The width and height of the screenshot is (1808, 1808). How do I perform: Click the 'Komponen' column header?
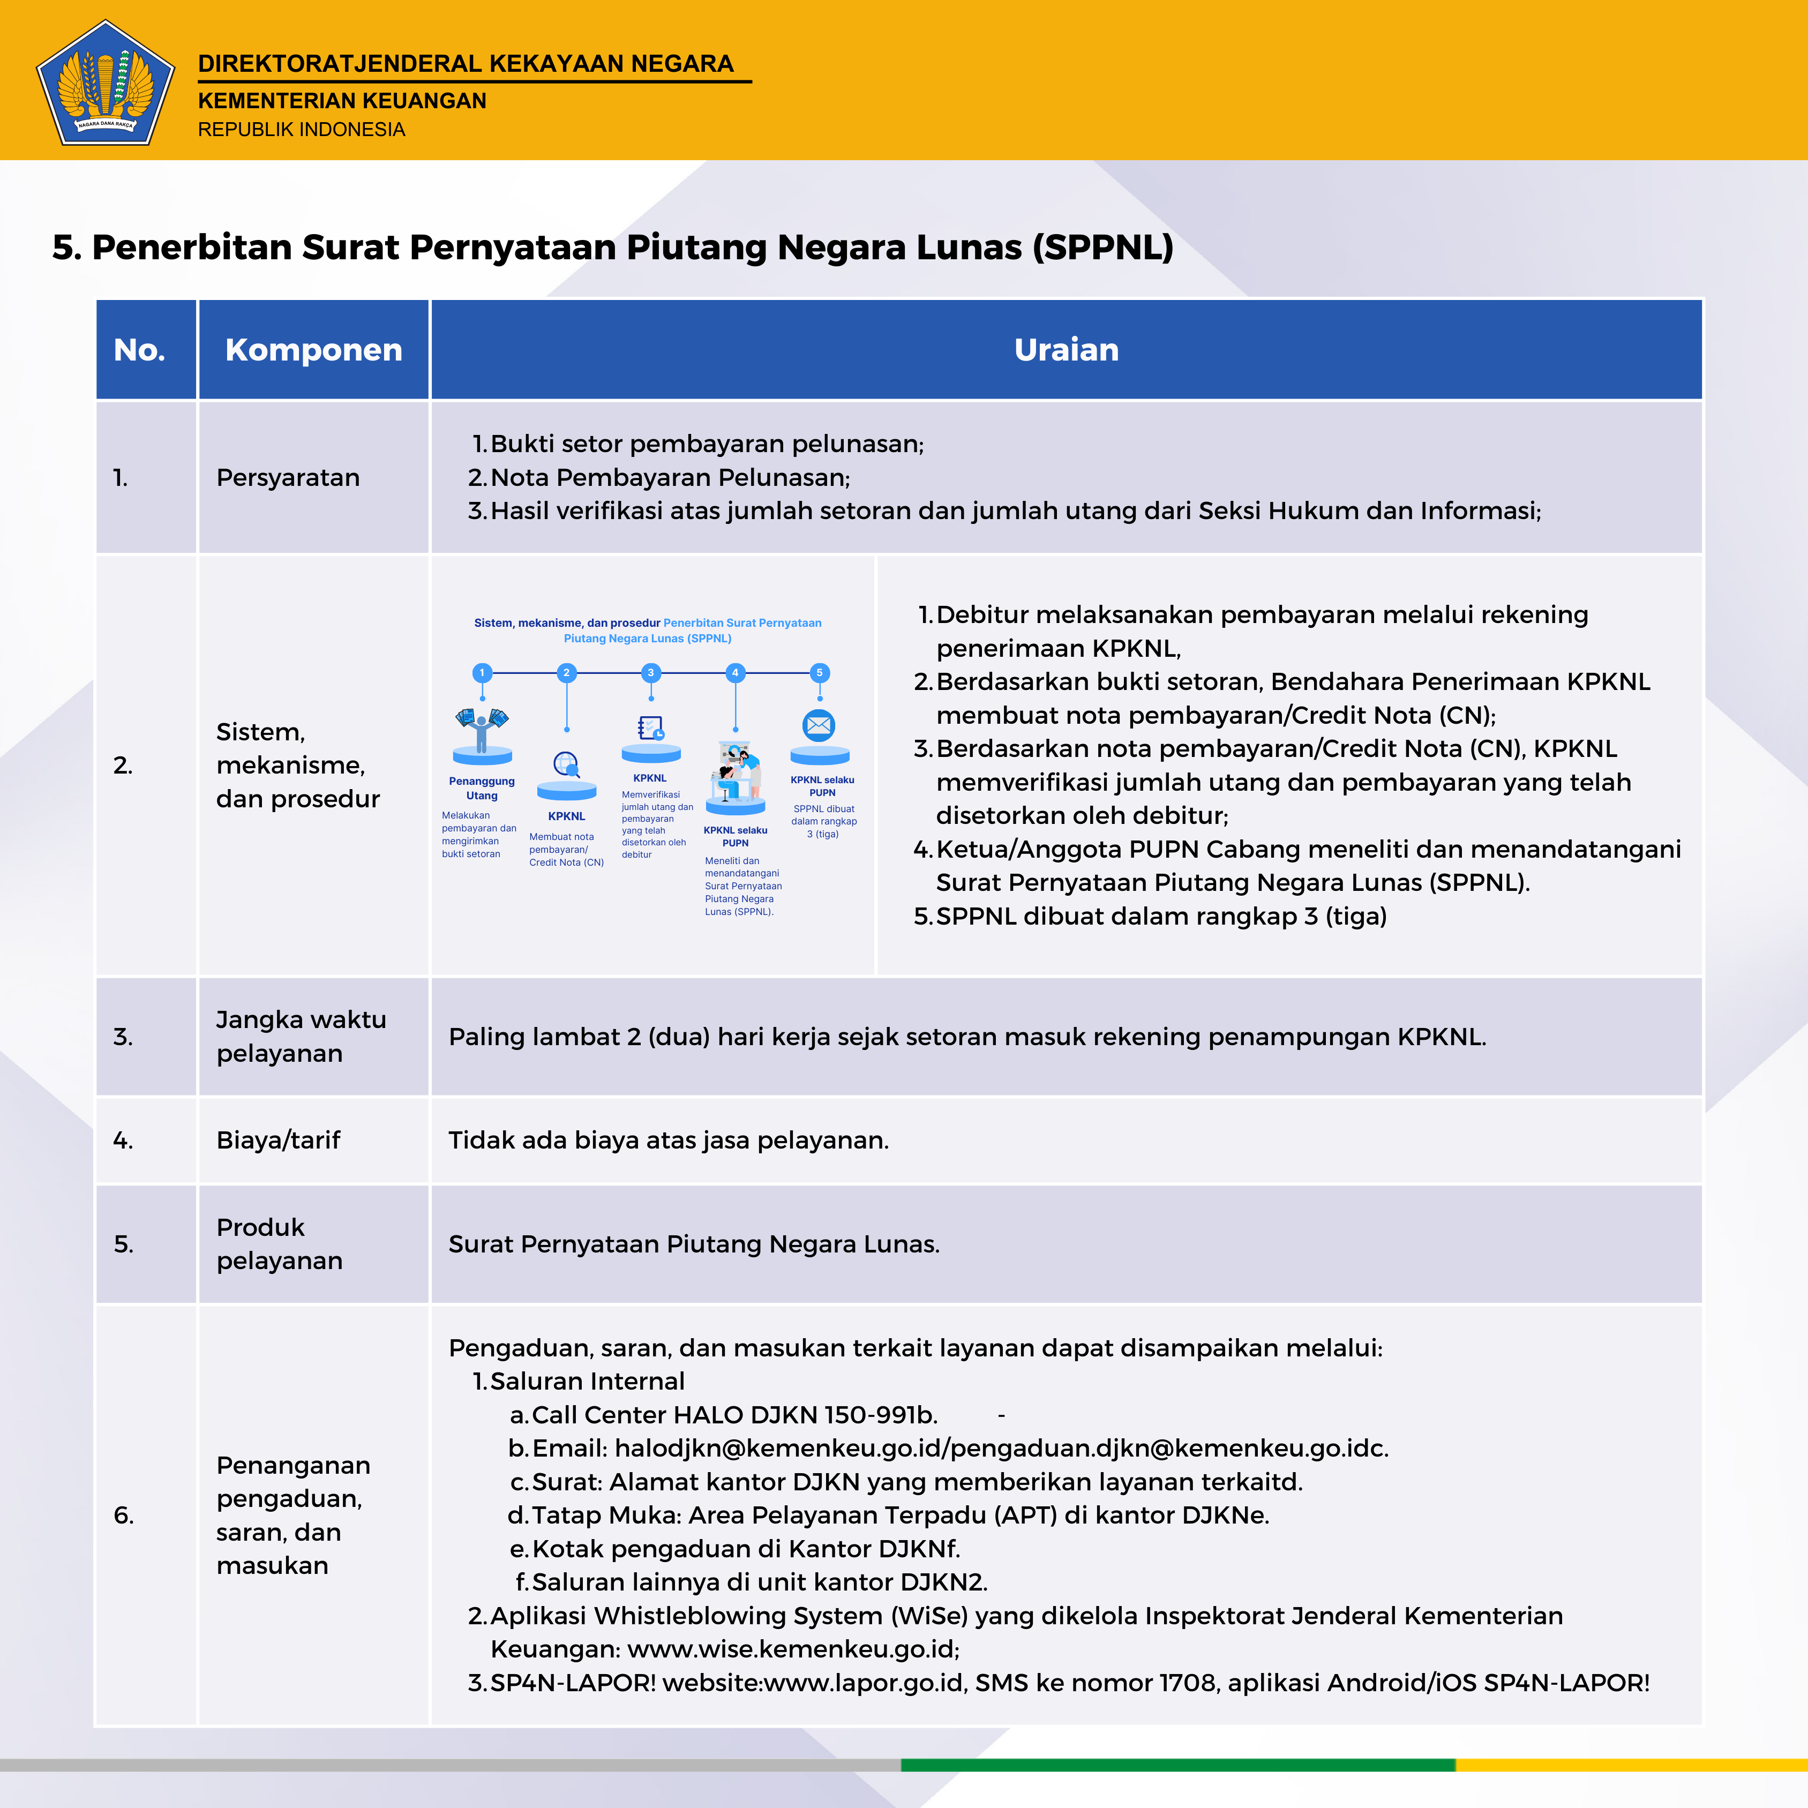coord(313,349)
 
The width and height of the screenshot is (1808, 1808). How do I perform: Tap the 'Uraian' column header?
coord(1066,349)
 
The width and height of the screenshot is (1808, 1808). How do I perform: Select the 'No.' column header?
coord(139,349)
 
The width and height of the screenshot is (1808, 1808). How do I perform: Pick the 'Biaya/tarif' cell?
coord(278,1140)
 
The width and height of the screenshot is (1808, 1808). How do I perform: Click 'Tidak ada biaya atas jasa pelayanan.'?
coord(668,1140)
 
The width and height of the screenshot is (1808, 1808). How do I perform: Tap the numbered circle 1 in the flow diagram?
coord(482,672)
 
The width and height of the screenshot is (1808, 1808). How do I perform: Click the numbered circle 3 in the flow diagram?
coord(650,672)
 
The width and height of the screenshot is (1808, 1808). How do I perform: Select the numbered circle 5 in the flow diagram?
coord(819,672)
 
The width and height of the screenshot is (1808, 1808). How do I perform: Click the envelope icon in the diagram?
coord(819,725)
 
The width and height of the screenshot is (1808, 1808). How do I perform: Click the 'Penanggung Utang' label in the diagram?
coord(482,788)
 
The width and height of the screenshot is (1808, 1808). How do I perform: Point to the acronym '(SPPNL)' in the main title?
coord(1102,247)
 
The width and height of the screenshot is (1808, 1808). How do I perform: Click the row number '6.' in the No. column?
coord(124,1515)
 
